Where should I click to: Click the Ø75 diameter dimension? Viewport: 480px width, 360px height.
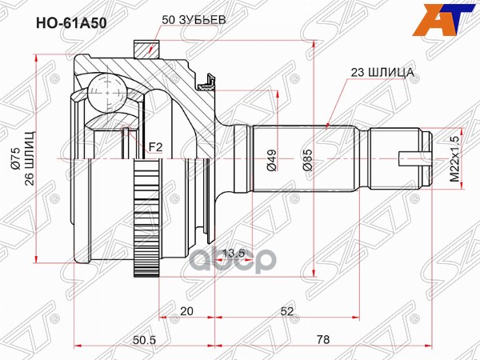pos(14,160)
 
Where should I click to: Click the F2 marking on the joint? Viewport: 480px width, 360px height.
pos(157,146)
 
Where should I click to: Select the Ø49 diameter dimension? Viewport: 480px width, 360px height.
pos(271,161)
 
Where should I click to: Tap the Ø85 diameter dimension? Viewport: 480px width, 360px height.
pos(306,161)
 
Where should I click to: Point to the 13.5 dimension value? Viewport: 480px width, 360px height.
pos(234,254)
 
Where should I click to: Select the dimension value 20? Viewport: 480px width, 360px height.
pos(186,311)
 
